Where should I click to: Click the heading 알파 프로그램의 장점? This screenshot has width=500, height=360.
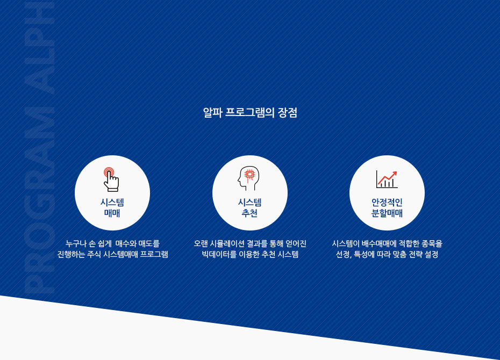tap(250, 112)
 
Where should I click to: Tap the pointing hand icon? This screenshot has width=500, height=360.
tap(111, 179)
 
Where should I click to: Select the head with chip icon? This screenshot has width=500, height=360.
tap(248, 178)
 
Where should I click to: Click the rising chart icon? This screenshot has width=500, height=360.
tap(387, 179)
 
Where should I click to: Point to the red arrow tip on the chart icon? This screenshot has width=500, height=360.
tap(396, 172)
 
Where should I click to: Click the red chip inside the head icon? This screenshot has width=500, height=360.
tap(249, 175)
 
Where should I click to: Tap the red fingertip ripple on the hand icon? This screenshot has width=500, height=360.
tap(109, 172)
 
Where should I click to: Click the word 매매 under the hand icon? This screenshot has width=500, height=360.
tap(112, 213)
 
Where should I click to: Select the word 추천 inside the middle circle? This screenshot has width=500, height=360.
tap(249, 213)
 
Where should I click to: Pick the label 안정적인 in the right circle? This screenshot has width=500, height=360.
tap(387, 203)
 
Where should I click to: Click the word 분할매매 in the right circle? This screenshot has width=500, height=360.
tap(387, 213)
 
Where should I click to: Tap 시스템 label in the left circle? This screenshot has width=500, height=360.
tap(112, 203)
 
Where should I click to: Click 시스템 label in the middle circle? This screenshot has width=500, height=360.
tap(249, 203)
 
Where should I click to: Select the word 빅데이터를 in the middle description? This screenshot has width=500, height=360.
tap(219, 254)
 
